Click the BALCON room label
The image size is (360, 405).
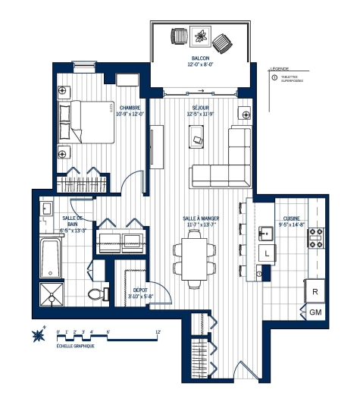pyautogui.click(x=201, y=60)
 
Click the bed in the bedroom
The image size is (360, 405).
pyautogui.click(x=93, y=121)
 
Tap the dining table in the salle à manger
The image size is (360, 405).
pyautogui.click(x=194, y=258)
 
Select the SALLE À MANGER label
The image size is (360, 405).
pyautogui.click(x=200, y=221)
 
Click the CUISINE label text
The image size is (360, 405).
pyautogui.click(x=291, y=220)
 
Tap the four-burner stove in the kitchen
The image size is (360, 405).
pyautogui.click(x=316, y=238)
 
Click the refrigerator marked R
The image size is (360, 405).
pyautogui.click(x=315, y=291)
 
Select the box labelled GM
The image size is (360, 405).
pyautogui.click(x=315, y=312)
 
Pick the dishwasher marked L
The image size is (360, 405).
pyautogui.click(x=268, y=253)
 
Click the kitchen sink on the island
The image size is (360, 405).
pyautogui.click(x=267, y=232)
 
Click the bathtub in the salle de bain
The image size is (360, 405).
pyautogui.click(x=51, y=257)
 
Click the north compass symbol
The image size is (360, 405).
pyautogui.click(x=38, y=334)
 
